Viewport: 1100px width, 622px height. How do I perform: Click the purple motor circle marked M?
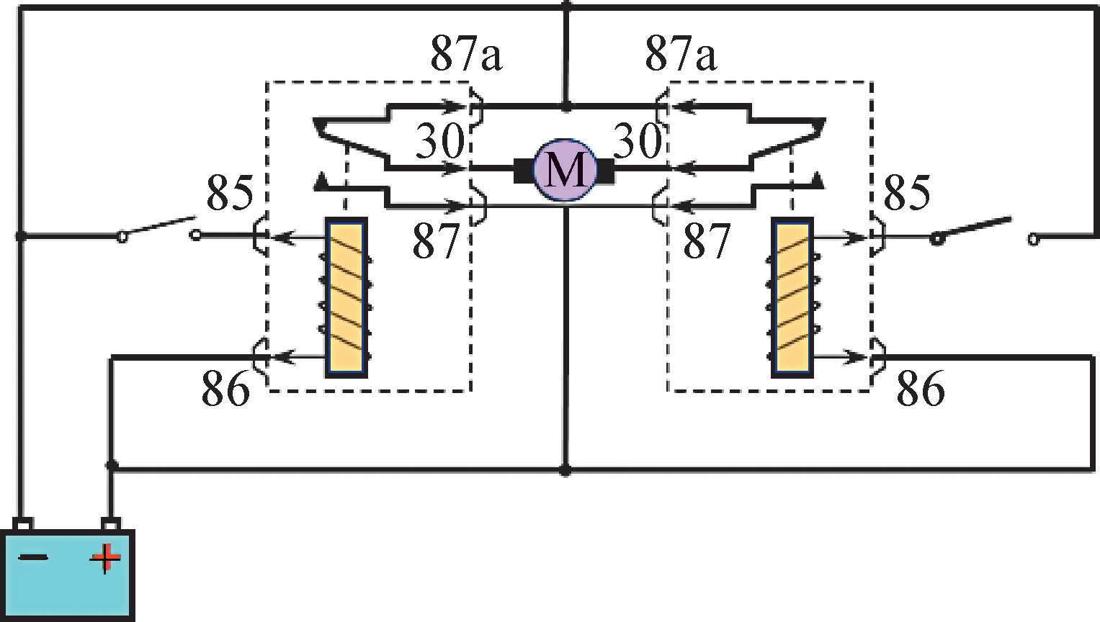[x=565, y=170]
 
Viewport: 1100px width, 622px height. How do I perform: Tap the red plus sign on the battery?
[x=105, y=557]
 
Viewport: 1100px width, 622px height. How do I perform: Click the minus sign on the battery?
[x=33, y=557]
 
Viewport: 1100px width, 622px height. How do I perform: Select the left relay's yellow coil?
[x=346, y=297]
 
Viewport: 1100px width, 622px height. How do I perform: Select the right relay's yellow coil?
[x=792, y=297]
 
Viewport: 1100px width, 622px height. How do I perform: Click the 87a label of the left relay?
[x=466, y=53]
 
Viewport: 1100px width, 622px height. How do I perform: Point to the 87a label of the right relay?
[x=681, y=53]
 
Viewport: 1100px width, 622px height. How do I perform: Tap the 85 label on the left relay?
[x=230, y=192]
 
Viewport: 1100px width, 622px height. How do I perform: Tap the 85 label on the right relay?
[x=906, y=192]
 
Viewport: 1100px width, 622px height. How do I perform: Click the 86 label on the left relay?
[x=225, y=388]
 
